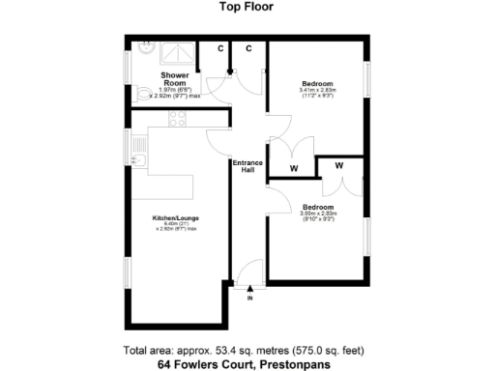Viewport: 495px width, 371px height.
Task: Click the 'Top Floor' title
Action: pos(247,6)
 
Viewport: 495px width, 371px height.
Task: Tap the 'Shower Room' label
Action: pos(175,79)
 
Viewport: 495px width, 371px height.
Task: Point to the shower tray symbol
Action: pos(177,51)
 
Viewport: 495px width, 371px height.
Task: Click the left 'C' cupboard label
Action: pos(219,48)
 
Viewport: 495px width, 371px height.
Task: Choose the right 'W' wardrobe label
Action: pos(339,166)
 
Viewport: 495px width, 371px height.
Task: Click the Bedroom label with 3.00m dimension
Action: pos(317,208)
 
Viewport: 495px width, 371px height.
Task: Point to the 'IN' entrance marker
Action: pos(249,298)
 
